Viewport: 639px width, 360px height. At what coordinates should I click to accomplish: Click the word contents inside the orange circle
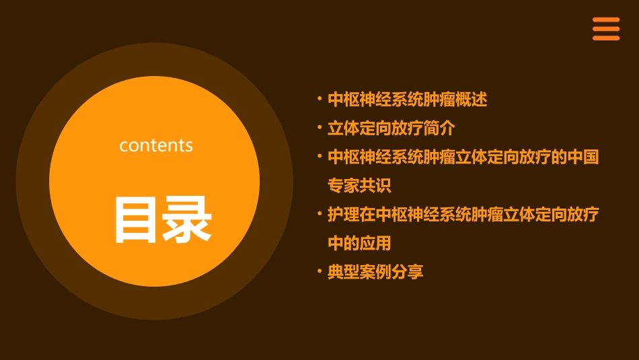coord(156,145)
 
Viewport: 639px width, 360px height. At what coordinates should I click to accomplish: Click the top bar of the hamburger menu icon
coord(606,20)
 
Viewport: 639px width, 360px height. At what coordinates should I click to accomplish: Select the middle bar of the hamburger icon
coord(606,29)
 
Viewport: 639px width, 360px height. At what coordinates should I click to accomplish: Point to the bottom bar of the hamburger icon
coord(606,38)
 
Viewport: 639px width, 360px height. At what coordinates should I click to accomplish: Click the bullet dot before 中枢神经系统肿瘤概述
coord(319,100)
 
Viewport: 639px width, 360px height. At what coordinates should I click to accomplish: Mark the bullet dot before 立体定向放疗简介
coord(319,127)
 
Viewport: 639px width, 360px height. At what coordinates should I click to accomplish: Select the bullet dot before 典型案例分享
coord(319,272)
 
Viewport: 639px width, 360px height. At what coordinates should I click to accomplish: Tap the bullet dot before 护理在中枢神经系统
coord(319,214)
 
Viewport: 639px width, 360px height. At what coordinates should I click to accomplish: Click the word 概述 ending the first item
coord(472,100)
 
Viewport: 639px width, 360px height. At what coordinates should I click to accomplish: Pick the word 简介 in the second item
coord(440,128)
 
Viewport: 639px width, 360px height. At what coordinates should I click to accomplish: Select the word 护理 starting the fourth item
coord(343,215)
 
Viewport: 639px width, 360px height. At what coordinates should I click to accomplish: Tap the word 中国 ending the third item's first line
coord(583,157)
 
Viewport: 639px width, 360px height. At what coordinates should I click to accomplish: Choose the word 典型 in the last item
coord(343,273)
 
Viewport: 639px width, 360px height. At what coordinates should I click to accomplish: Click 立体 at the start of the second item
coord(343,128)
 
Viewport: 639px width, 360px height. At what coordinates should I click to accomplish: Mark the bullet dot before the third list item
coord(319,156)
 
